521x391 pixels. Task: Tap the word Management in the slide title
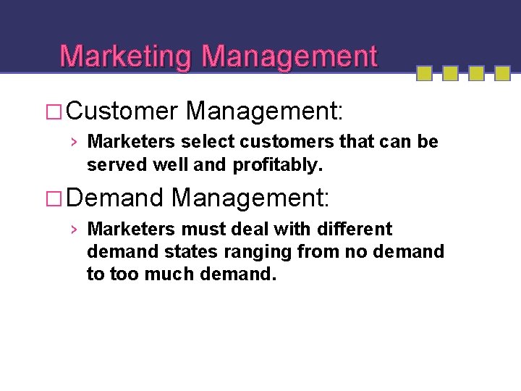coord(289,56)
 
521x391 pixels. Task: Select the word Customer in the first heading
coord(124,112)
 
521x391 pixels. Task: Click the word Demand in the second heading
coord(117,198)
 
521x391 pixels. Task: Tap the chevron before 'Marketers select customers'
coord(75,142)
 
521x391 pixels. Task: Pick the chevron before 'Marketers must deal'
coord(75,230)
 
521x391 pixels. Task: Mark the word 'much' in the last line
coord(174,275)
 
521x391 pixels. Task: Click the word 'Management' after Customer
coord(265,112)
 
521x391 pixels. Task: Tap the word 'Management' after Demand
coord(252,198)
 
